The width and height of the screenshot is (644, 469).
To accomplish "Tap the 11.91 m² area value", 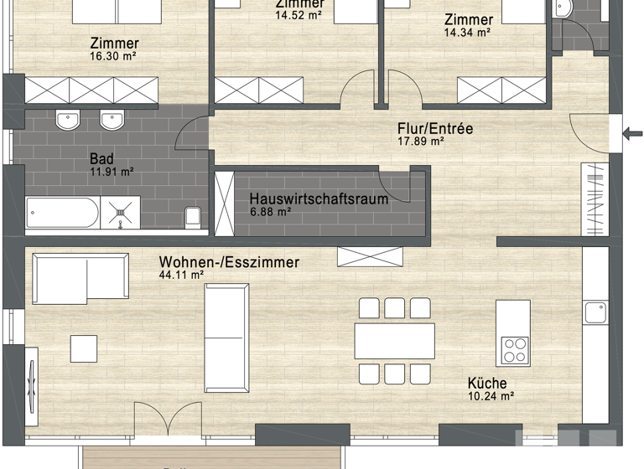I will click(x=112, y=171).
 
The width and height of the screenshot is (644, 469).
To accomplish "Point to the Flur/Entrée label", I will click(x=435, y=129).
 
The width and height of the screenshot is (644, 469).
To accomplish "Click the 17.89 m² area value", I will click(x=420, y=142).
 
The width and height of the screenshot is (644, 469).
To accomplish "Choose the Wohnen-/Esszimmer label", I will click(x=229, y=262).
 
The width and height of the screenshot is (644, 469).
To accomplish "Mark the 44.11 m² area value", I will click(x=182, y=274).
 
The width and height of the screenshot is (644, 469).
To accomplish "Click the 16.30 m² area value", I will click(x=113, y=56).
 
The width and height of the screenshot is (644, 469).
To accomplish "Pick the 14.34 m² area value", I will click(x=467, y=33).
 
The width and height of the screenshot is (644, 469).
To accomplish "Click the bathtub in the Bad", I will click(x=62, y=213).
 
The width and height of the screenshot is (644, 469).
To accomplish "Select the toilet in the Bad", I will click(x=192, y=216).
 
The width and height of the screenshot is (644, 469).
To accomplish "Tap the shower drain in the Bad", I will click(x=122, y=214).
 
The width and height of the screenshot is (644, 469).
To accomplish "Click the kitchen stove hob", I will click(x=514, y=349).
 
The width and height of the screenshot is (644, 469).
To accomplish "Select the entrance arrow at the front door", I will click(x=631, y=131).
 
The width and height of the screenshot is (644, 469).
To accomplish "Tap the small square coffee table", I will click(x=84, y=348).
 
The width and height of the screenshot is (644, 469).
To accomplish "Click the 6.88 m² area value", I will click(x=270, y=213).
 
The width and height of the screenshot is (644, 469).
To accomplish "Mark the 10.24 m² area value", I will click(x=491, y=395).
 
